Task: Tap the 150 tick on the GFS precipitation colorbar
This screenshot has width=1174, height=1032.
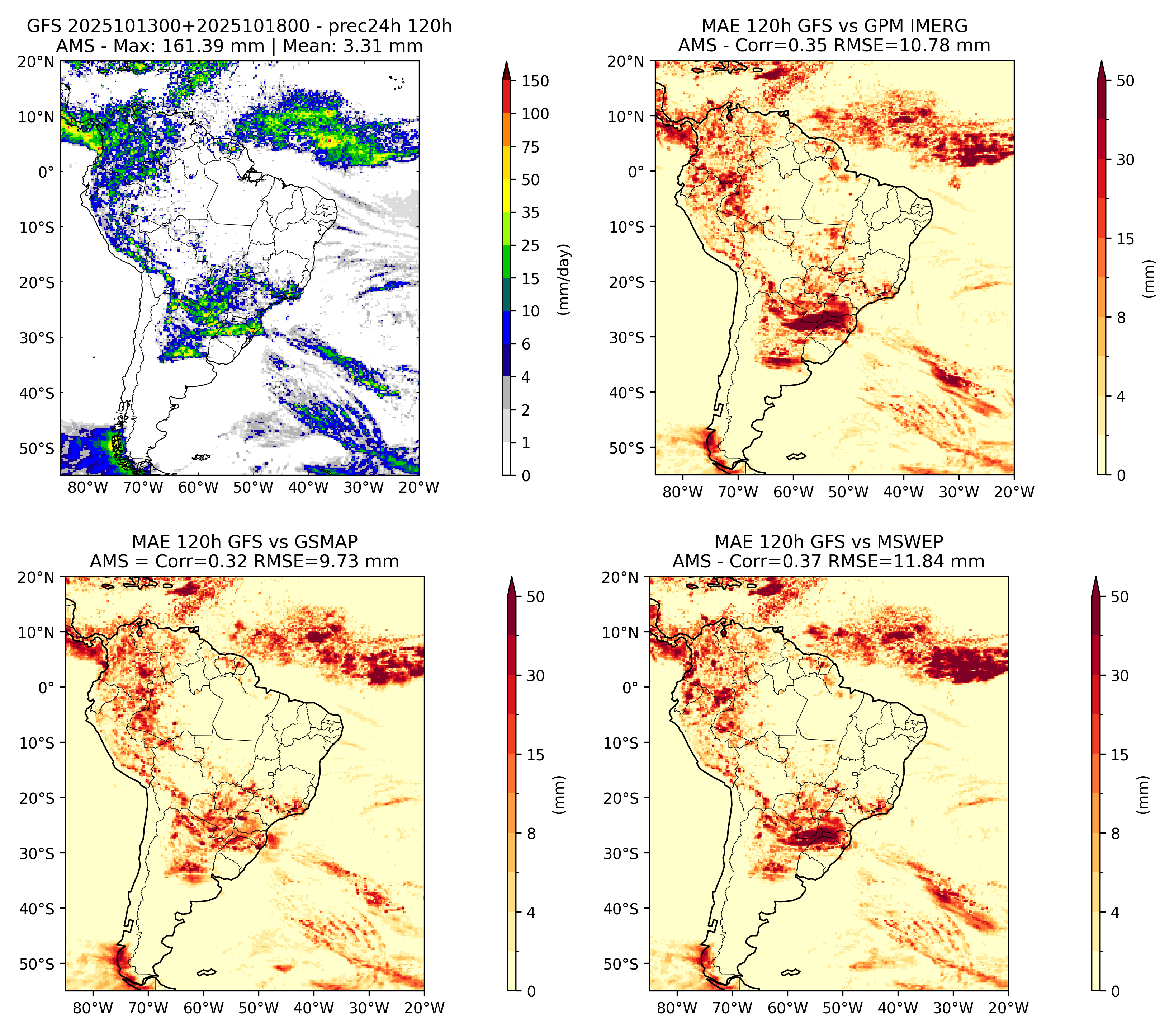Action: click(x=535, y=81)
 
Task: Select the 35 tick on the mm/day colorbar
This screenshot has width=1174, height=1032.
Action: click(x=530, y=212)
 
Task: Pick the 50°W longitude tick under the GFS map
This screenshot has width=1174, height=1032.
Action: click(x=253, y=487)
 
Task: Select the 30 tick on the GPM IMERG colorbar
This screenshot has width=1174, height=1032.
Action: click(x=1125, y=160)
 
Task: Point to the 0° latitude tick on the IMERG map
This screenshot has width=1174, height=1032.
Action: click(x=636, y=171)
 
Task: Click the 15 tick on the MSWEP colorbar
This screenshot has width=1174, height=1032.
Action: click(x=1119, y=755)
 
